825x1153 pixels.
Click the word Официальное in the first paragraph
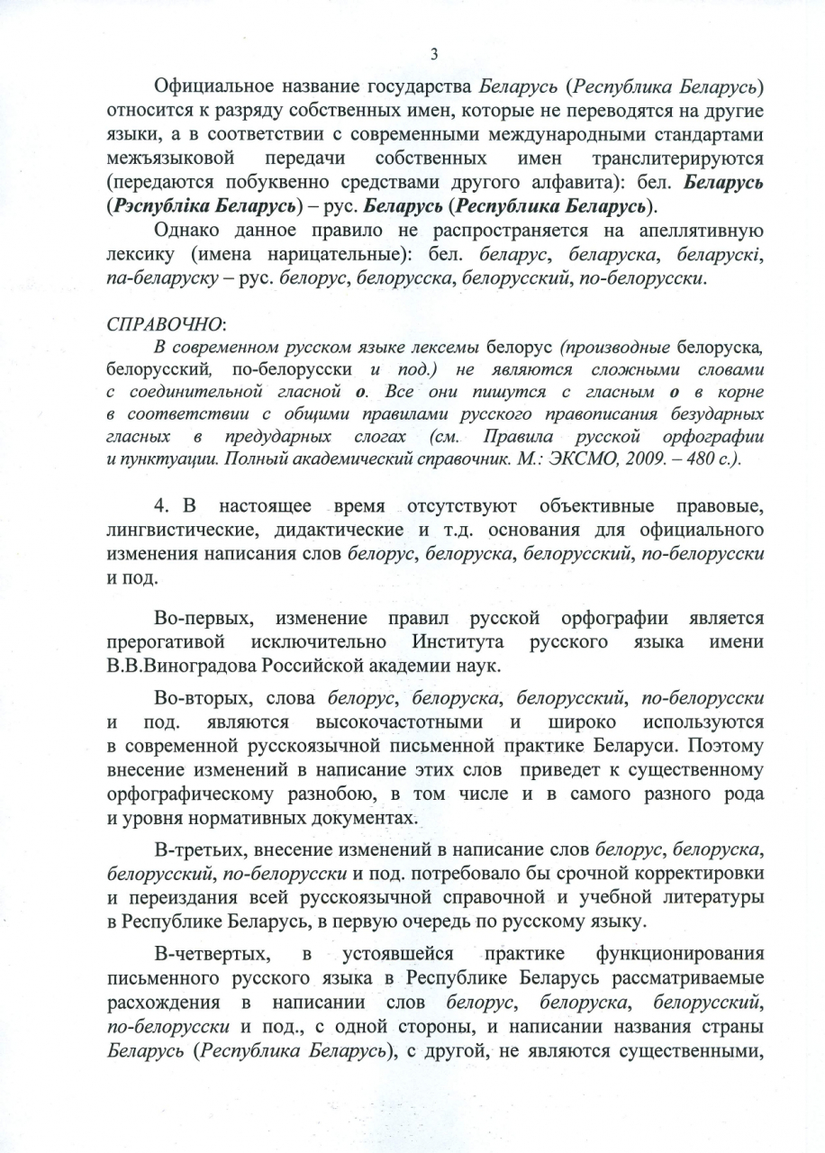pos(211,88)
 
